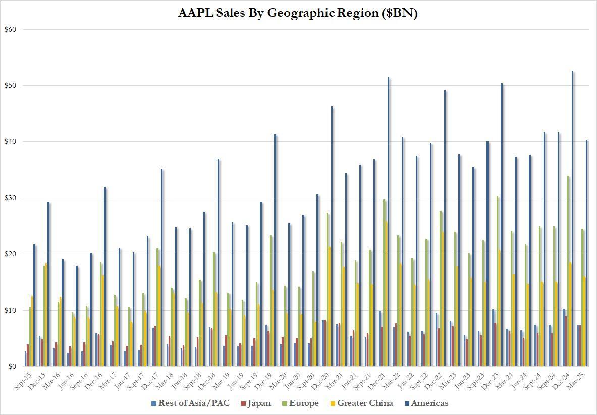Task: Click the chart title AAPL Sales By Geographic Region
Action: click(298, 13)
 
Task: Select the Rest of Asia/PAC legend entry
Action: click(190, 403)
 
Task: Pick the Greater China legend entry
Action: click(358, 403)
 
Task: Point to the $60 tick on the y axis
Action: click(10, 29)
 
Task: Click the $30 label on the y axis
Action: click(10, 198)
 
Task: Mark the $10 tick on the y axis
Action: click(10, 310)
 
